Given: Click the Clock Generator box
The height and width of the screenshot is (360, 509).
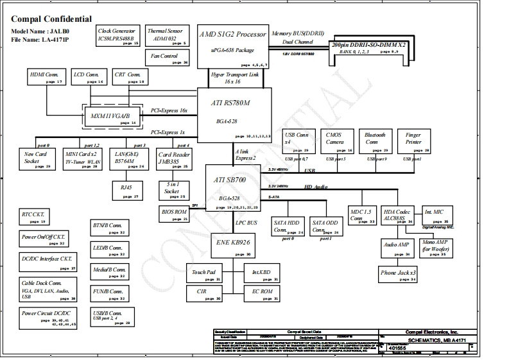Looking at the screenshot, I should (x=116, y=36).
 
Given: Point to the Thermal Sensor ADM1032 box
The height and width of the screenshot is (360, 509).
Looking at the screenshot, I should (x=166, y=36).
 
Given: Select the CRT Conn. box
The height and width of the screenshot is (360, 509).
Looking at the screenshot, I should (x=129, y=77).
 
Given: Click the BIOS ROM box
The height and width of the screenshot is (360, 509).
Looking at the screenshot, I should (x=175, y=214).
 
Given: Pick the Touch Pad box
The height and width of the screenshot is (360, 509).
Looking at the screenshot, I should (x=204, y=275).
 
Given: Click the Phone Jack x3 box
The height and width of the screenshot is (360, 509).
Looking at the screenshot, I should (x=398, y=275).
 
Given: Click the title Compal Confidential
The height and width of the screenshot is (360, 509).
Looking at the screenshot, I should (x=51, y=19).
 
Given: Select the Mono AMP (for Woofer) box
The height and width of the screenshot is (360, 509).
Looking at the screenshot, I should (x=435, y=247).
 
